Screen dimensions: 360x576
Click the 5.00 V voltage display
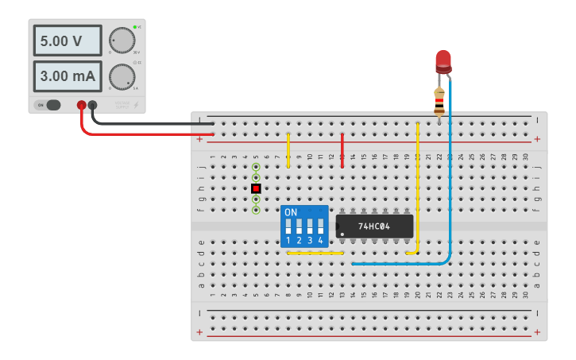[x=68, y=40]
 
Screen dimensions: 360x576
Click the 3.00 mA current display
[x=68, y=76]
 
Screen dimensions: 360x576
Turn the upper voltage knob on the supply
[x=122, y=40]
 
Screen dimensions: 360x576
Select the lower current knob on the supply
[x=122, y=76]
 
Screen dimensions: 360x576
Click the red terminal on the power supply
[x=81, y=105]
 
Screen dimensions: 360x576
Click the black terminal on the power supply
[x=93, y=105]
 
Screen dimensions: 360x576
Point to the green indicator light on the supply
[x=135, y=27]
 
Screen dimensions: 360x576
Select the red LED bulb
[x=443, y=60]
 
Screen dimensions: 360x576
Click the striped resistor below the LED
[x=439, y=102]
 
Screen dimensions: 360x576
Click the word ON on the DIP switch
[x=291, y=213]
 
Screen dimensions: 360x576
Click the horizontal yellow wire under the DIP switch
[x=315, y=254]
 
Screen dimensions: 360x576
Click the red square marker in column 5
[x=256, y=188]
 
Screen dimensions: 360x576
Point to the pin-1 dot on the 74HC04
[x=342, y=234]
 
